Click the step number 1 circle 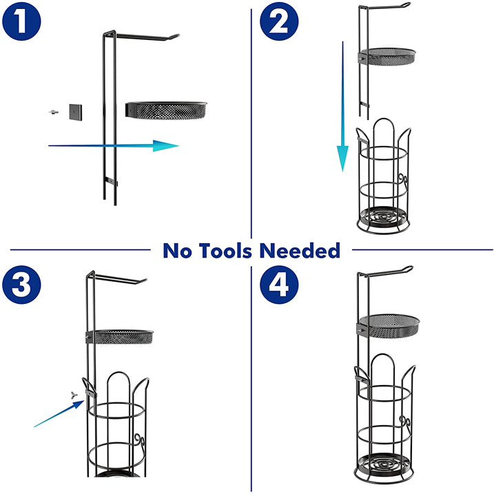coord(21,21)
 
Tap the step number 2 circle coord(279,21)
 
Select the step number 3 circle coord(21,285)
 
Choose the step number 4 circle coord(279,285)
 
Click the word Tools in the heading coord(226,251)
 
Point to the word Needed coord(300,251)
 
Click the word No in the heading coord(177,251)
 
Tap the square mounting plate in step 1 coord(76,112)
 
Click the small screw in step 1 coord(54,112)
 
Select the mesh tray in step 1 coord(166,110)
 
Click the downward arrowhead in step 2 coord(343,158)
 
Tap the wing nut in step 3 coord(74,395)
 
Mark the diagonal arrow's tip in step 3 coord(84,401)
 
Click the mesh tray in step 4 coord(388,326)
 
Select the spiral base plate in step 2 coord(383,217)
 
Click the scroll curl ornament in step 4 coord(404,422)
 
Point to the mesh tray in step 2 coord(387,56)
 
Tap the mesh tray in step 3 coord(120,336)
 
